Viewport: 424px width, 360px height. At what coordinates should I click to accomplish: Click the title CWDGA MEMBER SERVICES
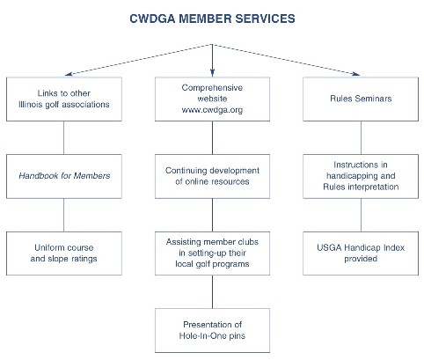tap(212, 18)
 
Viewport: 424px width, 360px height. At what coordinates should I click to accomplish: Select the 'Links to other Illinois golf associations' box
tap(64, 99)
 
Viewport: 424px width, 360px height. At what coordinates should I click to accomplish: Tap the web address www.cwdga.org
tap(212, 110)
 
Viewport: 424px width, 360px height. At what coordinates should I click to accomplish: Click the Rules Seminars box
tap(361, 99)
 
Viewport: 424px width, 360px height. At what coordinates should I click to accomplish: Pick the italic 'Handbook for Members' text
tap(64, 176)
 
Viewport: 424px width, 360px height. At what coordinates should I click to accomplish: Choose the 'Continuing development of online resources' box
tap(212, 176)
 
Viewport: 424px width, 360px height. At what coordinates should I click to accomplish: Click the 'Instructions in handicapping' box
tap(361, 176)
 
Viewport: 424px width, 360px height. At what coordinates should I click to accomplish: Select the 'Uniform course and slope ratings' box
tap(64, 253)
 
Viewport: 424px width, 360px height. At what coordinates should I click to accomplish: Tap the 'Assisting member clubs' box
tap(212, 253)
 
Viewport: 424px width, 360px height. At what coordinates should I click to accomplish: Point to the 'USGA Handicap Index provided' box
tap(361, 253)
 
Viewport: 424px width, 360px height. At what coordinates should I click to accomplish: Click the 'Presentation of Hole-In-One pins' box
tap(212, 330)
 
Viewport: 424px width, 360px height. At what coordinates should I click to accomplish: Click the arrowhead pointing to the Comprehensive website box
tap(212, 73)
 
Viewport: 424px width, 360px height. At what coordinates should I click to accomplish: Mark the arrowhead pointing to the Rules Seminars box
tap(356, 74)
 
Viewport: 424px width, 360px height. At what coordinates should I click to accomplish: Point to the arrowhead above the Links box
tap(69, 74)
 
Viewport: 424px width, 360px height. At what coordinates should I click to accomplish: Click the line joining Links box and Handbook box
tap(64, 138)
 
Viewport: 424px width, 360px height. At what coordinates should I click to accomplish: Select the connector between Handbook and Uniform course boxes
tap(64, 215)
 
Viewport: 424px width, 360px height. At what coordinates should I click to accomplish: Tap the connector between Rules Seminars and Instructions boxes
tap(361, 138)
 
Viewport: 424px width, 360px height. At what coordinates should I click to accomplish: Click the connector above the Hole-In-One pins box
tap(212, 292)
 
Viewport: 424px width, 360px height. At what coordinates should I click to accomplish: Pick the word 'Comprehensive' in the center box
tap(212, 88)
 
